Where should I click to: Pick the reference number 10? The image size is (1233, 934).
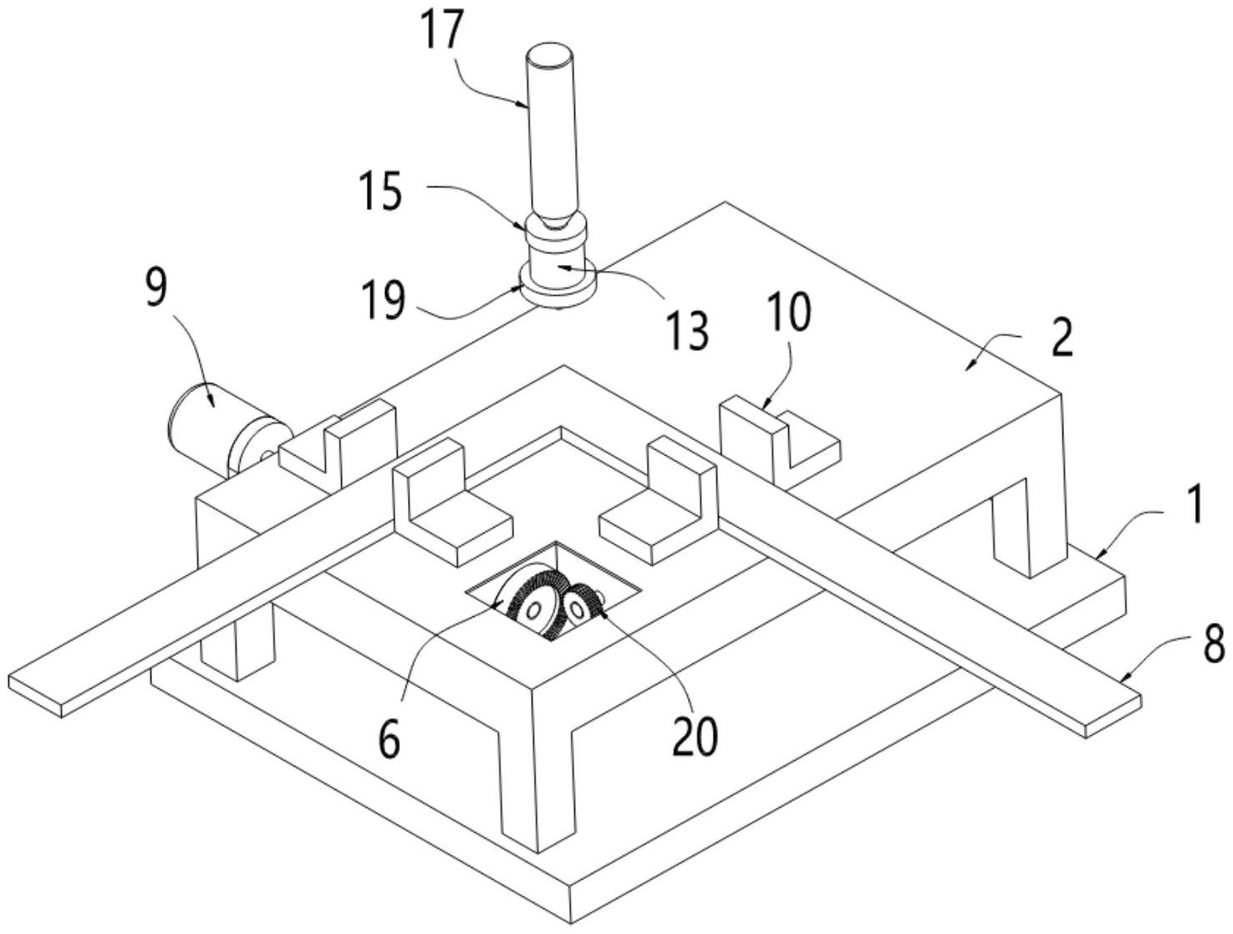click(790, 311)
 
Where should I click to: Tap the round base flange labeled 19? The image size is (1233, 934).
click(557, 287)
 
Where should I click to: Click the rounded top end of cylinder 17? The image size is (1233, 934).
click(550, 55)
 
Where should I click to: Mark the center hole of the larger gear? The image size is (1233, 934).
click(532, 610)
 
